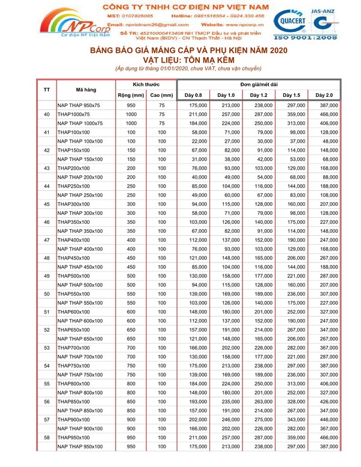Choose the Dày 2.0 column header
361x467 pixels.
(324, 95)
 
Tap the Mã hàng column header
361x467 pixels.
(87, 90)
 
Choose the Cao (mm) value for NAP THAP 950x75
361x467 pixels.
(161, 105)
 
